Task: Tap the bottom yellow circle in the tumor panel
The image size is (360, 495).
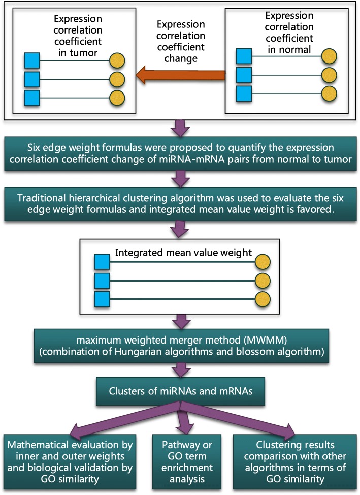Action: [x=117, y=97]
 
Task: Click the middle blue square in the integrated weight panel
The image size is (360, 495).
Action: [x=102, y=281]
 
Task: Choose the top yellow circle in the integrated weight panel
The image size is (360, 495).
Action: [x=263, y=262]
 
